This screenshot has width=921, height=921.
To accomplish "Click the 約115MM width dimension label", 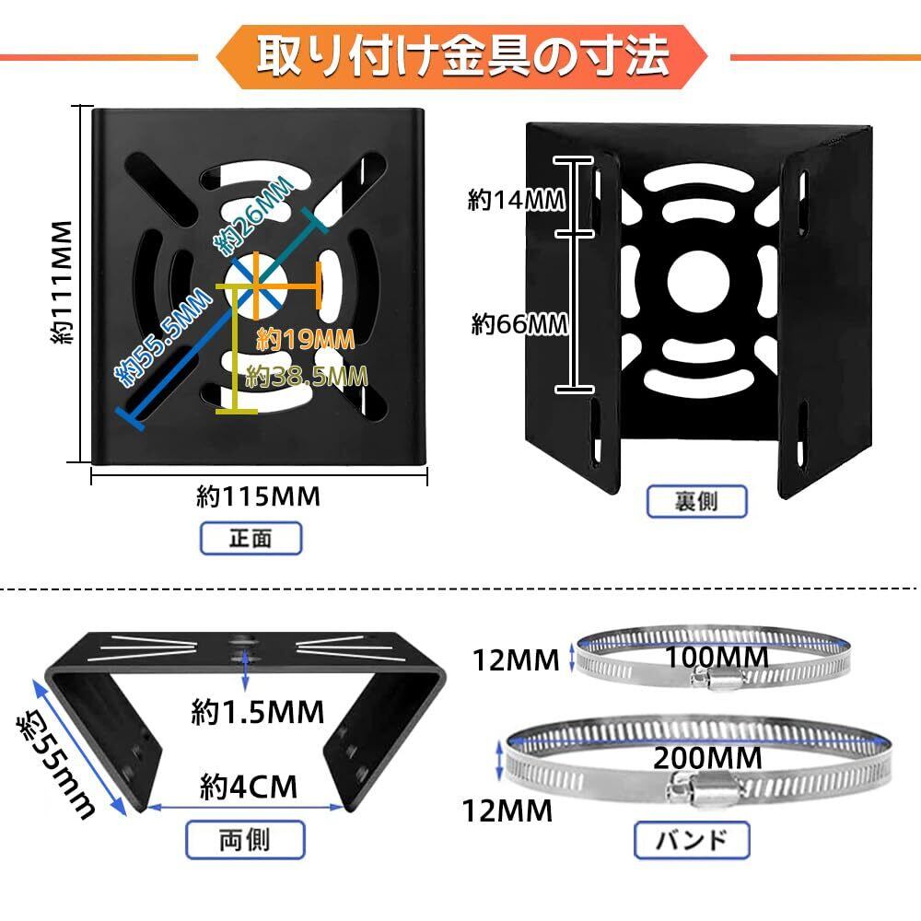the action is click(x=259, y=496).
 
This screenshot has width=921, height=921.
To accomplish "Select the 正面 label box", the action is click(x=250, y=538).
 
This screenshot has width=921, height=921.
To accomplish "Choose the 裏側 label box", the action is click(x=695, y=501).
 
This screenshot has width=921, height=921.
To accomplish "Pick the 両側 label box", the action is click(x=246, y=839).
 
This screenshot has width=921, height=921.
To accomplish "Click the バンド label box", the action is click(x=692, y=840).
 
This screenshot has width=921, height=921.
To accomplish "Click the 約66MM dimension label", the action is click(x=519, y=323).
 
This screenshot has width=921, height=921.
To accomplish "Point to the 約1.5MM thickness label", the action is click(x=259, y=711).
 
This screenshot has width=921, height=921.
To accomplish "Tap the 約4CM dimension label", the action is click(x=250, y=787).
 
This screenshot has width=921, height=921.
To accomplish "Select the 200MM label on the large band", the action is click(x=707, y=758).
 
